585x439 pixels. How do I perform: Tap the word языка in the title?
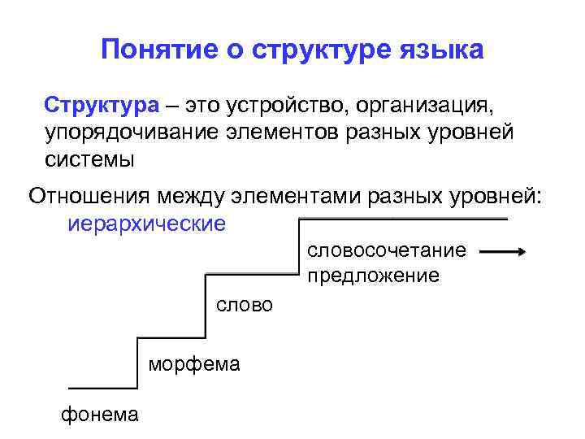point(444,50)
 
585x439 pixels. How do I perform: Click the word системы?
point(89,158)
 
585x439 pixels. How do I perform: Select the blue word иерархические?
point(147,223)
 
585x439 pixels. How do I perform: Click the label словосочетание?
point(387,250)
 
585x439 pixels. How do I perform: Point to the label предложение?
point(373,276)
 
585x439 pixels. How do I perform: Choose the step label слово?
point(244,305)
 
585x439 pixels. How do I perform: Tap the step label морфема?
point(194,363)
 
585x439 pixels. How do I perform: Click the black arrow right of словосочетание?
point(503,252)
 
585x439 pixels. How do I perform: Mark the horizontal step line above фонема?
point(102,388)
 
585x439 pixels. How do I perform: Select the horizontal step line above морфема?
point(171,337)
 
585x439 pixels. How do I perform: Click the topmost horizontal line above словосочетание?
point(403,219)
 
